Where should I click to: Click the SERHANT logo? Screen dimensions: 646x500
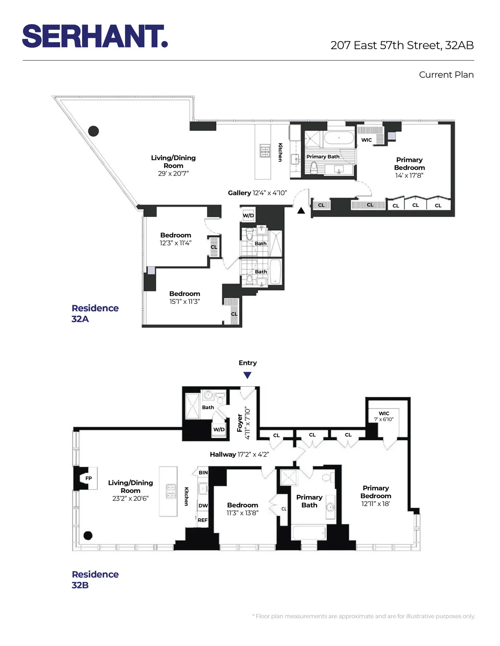coord(95,36)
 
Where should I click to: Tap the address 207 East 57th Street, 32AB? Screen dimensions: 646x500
coord(402,45)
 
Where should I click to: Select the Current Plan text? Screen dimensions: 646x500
coord(446,75)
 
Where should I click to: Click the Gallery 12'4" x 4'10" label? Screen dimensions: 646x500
coord(257,193)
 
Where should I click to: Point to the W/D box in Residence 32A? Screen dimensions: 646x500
coord(248,216)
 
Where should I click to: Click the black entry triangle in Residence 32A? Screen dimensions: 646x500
coord(301,211)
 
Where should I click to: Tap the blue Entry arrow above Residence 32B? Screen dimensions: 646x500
coord(247,375)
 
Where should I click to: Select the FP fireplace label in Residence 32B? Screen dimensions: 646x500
coord(88,478)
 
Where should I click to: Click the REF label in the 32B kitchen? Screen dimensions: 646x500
coord(202,520)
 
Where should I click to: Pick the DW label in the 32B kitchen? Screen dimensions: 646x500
coord(203,506)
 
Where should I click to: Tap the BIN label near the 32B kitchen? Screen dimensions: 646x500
coord(203,472)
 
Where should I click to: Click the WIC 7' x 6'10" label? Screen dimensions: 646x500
coord(384,416)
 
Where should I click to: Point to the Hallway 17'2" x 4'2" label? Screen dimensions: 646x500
coord(239,455)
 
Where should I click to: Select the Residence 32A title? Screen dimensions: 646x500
coord(95,313)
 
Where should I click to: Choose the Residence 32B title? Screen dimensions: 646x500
coord(95,579)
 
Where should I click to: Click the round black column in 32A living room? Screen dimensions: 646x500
coord(94,131)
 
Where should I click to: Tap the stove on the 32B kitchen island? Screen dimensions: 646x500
coord(171,491)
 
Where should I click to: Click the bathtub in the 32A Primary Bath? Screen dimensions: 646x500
coord(339,138)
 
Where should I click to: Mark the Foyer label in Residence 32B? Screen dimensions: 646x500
coord(240,423)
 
